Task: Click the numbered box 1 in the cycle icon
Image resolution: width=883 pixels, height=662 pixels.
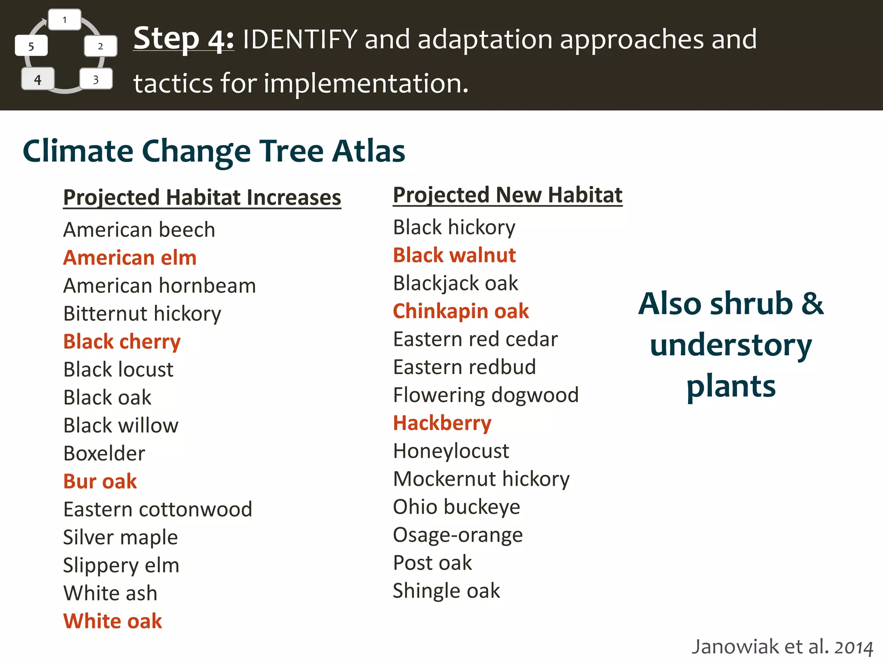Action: point(65,20)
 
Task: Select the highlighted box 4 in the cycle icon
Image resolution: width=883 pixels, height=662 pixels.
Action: point(38,79)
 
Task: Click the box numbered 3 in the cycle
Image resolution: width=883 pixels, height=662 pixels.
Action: point(96,79)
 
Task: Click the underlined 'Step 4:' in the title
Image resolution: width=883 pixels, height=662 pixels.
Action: point(184,39)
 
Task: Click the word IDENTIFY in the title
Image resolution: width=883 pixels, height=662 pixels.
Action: point(300,39)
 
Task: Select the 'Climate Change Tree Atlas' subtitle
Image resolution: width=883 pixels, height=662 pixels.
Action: point(214,151)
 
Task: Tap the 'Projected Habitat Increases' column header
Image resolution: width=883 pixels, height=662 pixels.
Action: point(202,198)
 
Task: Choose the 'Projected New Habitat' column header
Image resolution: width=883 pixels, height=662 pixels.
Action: point(507,195)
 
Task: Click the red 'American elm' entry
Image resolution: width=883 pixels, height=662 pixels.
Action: point(130,258)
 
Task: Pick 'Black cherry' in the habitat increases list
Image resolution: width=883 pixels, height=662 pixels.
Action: point(122,342)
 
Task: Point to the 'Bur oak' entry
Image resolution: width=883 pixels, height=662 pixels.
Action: point(100,481)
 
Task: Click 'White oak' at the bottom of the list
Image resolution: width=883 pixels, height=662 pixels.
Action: point(113,621)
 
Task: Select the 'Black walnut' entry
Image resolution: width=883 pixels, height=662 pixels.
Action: point(454,255)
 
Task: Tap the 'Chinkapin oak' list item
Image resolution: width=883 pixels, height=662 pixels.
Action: point(461,311)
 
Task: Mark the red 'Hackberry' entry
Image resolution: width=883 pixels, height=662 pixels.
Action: point(442,423)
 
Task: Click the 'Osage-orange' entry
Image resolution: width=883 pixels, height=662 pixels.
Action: point(458,535)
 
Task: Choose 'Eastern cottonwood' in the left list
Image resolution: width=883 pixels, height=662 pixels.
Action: point(157,509)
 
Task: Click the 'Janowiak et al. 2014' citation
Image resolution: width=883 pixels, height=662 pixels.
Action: point(782,647)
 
